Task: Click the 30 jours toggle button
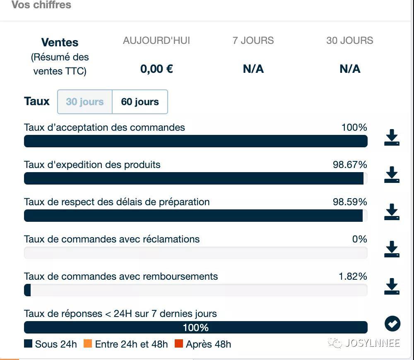(x=85, y=102)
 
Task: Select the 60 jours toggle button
(x=140, y=102)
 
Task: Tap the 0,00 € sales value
(x=156, y=69)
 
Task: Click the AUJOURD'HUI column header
(x=156, y=41)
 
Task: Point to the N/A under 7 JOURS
(x=253, y=69)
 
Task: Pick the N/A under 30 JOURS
(x=350, y=69)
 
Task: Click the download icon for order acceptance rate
(x=392, y=138)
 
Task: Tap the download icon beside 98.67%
(x=392, y=175)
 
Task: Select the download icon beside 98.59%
(x=392, y=212)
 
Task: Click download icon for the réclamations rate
(x=392, y=249)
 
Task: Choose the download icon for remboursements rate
(x=392, y=286)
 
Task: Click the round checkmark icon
(x=392, y=324)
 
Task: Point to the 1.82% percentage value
(x=353, y=276)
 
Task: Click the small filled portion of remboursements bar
(x=27, y=290)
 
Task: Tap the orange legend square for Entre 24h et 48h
(x=87, y=344)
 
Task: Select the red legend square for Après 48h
(x=178, y=344)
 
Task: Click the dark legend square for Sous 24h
(x=28, y=344)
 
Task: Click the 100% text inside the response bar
(x=196, y=328)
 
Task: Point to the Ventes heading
(x=60, y=42)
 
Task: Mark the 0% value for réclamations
(x=359, y=239)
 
